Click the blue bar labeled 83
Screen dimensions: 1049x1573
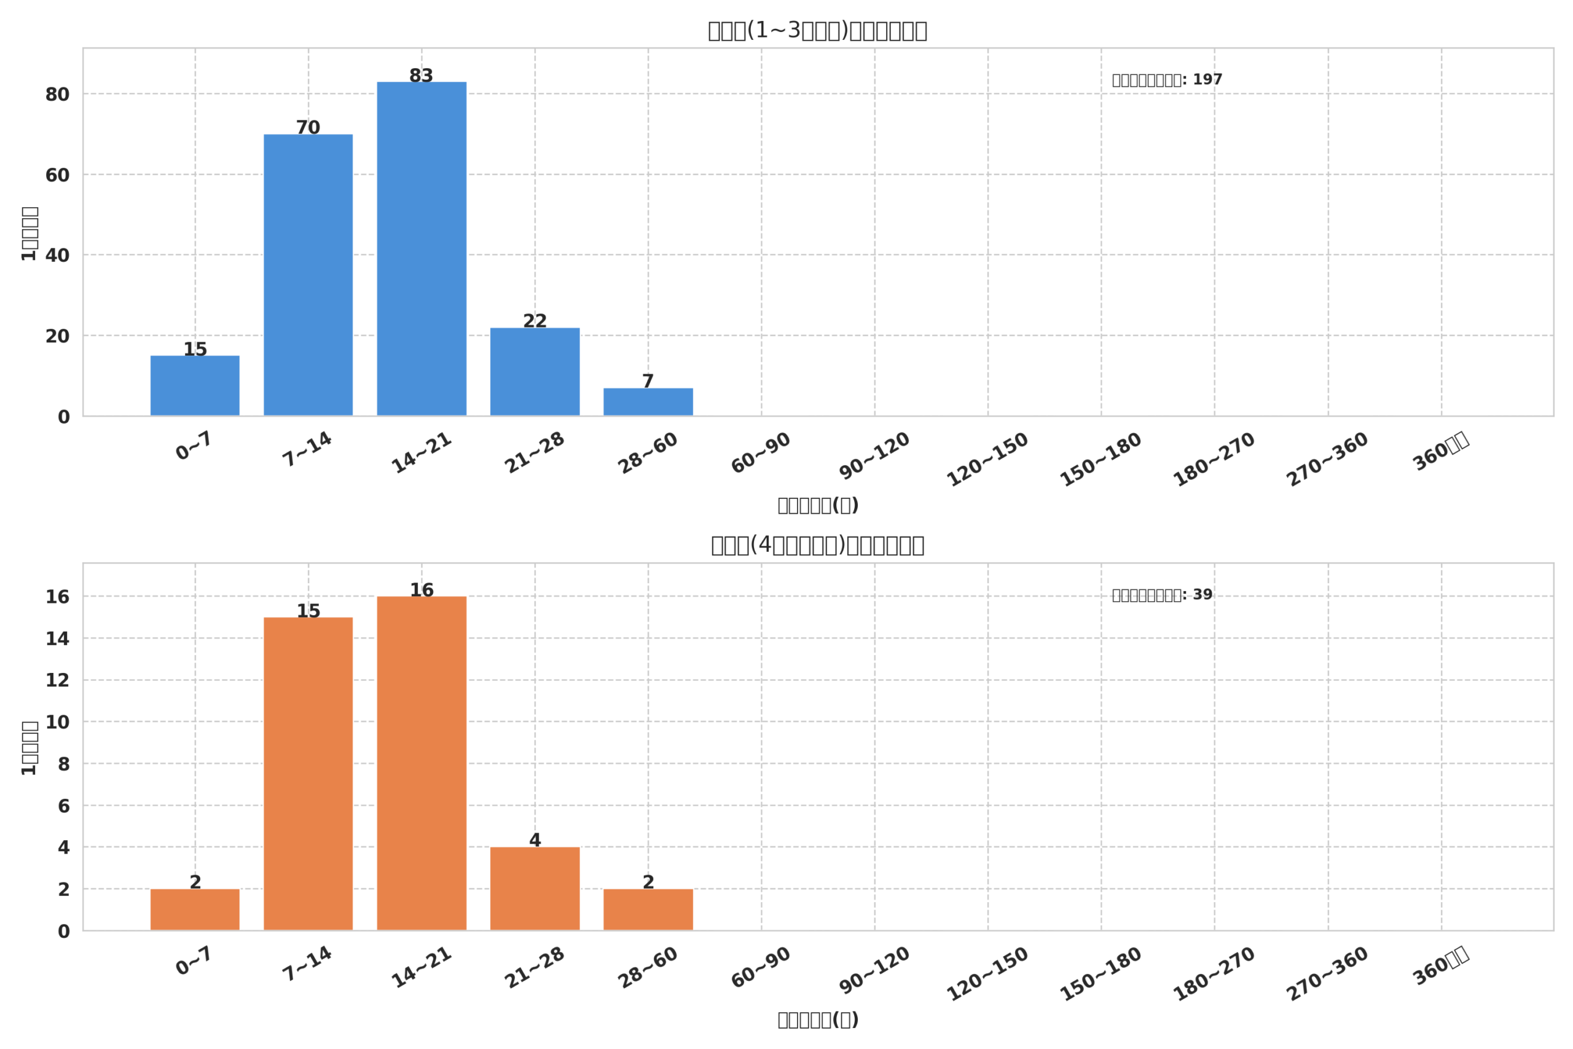click(422, 248)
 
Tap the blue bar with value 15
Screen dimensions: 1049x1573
click(195, 385)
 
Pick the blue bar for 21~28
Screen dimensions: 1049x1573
click(535, 371)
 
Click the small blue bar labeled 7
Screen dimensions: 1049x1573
click(648, 401)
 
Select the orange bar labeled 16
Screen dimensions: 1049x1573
click(422, 763)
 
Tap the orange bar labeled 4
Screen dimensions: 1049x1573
click(535, 889)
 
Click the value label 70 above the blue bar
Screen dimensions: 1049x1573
click(308, 127)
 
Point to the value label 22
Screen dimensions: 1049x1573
click(535, 321)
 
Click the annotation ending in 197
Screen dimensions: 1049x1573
click(1166, 80)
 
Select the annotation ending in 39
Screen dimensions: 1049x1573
click(1161, 595)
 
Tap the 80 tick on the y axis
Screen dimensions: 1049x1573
click(58, 95)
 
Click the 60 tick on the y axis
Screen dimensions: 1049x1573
click(58, 175)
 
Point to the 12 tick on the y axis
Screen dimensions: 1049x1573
click(58, 680)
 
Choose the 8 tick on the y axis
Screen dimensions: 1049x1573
click(63, 764)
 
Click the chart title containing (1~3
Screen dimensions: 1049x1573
click(817, 31)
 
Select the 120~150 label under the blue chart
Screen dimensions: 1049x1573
click(987, 459)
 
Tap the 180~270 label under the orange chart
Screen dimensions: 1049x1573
click(1214, 974)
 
